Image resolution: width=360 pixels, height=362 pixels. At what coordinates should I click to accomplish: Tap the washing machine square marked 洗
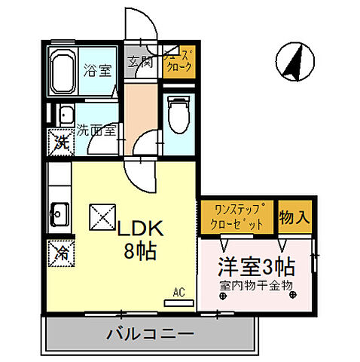(x=59, y=140)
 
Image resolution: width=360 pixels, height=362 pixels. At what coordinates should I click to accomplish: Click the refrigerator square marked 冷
(x=59, y=252)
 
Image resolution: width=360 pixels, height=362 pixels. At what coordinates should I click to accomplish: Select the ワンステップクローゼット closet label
(x=238, y=217)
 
